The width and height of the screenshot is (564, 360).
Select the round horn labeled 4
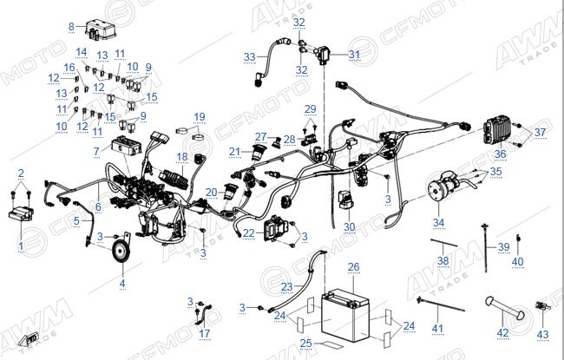click(121, 252)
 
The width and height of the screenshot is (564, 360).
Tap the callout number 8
click(71, 26)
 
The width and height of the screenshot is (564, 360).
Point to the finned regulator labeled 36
click(497, 129)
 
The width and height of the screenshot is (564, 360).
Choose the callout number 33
click(249, 57)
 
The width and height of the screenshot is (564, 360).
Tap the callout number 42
click(502, 333)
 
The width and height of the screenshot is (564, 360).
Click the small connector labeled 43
click(541, 307)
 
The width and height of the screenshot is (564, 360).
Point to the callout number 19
click(200, 117)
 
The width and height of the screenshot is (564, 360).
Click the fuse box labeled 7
click(125, 145)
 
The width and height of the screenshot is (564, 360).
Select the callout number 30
click(349, 227)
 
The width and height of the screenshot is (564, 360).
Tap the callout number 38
click(443, 260)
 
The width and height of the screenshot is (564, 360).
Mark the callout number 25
click(305, 343)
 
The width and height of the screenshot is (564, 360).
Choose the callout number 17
click(204, 333)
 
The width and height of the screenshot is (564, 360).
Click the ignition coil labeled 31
click(325, 55)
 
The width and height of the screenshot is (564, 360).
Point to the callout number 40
click(517, 261)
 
